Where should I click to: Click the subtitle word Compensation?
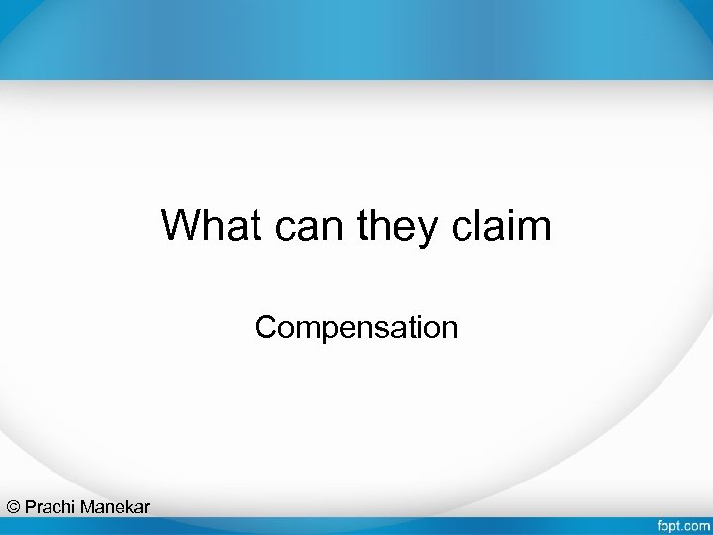356,327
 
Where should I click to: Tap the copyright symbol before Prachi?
13,507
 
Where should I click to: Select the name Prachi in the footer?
51,507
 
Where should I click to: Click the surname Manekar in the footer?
115,507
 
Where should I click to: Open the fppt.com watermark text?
681,522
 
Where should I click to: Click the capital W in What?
180,226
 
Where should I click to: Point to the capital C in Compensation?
265,327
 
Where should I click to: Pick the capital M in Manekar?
88,507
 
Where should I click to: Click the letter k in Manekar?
129,507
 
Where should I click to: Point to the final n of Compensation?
450,328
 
